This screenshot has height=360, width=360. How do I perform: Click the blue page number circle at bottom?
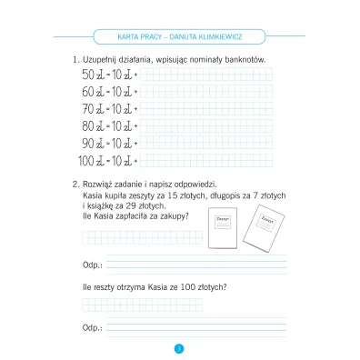point(179,346)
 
